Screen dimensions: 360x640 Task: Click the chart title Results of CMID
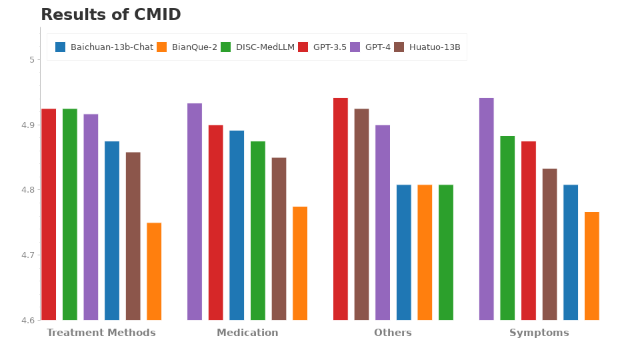tap(111, 15)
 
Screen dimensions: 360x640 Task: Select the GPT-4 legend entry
tap(371, 47)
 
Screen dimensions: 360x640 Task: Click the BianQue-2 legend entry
tap(187, 47)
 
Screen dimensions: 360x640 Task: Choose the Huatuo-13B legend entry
tap(427, 47)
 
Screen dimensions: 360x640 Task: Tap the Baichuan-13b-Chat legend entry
tap(105, 47)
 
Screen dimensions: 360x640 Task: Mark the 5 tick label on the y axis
tap(31, 60)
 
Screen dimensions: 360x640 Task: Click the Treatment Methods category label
tap(101, 333)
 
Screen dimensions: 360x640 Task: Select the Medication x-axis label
tap(247, 333)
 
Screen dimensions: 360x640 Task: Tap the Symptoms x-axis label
tap(539, 333)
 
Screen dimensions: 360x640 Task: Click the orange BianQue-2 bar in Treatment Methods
tap(154, 271)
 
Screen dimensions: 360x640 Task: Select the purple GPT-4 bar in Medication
tap(195, 211)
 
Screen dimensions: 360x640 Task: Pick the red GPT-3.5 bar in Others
tap(341, 209)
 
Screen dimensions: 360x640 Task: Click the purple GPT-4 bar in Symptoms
tap(487, 209)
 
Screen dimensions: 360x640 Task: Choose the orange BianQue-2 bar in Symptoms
tap(592, 266)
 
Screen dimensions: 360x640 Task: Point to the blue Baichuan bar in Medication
tap(237, 225)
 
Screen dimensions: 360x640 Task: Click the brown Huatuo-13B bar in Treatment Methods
tap(133, 236)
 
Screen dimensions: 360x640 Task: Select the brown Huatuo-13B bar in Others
tap(361, 214)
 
